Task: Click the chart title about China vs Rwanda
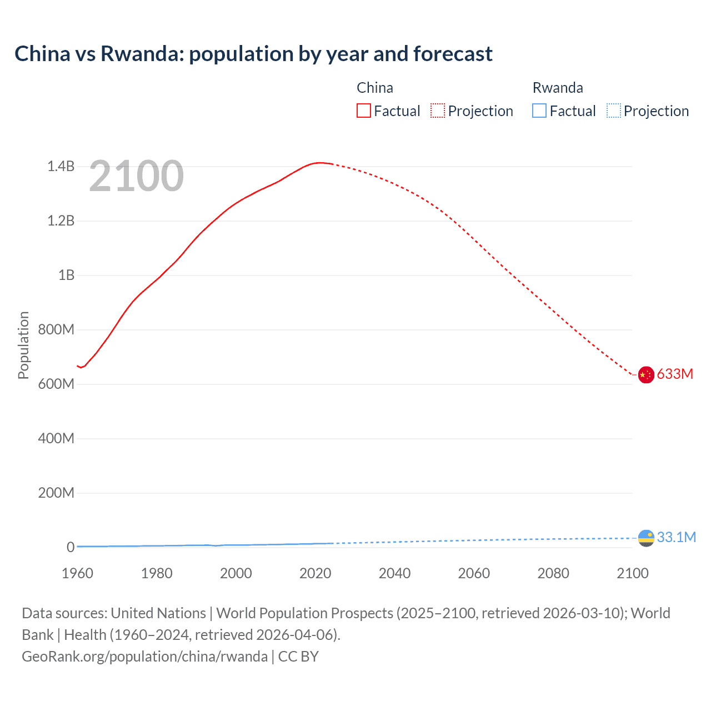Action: coord(253,54)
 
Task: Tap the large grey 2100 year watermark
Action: coord(136,176)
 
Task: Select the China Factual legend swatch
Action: coord(364,111)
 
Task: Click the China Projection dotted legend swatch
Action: coord(438,111)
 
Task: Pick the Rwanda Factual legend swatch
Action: coord(539,111)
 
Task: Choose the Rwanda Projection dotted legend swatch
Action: coord(614,111)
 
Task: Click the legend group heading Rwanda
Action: coord(558,88)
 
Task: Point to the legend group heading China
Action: coord(375,88)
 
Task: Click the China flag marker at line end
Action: coord(645,375)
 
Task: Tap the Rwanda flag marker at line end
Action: coord(646,538)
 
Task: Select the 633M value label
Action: coord(675,374)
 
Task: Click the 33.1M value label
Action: coord(676,537)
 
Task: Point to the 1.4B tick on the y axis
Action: coord(61,167)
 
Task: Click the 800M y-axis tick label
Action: coord(56,329)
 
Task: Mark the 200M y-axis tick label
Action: coord(56,493)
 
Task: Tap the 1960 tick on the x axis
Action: coord(77,573)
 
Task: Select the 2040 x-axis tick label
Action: coord(394,573)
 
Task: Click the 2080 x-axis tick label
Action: coord(553,573)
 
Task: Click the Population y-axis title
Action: coord(23,345)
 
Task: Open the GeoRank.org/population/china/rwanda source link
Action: coord(145,657)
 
